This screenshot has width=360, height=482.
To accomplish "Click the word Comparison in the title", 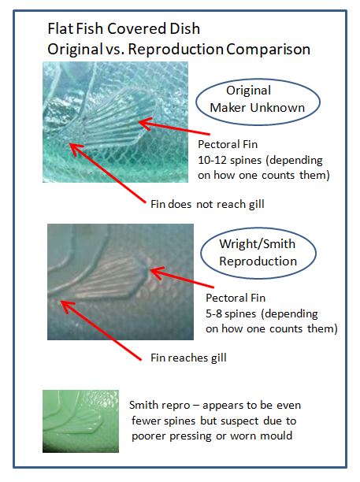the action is pos(268,50).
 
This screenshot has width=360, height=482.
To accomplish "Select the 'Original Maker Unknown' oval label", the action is pos(258,102).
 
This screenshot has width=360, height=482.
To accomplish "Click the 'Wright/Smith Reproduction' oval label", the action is pos(258,253).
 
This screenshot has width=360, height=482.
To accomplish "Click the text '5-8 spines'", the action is pos(231,314).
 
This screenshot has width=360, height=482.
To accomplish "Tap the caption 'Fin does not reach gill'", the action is pos(207,204).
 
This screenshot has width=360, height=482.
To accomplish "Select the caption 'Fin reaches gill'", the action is pos(188,358).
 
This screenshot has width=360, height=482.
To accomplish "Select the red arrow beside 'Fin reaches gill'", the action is pos(101,331).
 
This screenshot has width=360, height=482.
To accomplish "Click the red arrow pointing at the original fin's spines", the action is pos(174,128).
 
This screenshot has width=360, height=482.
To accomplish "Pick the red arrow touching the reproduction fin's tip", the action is pos(182,277).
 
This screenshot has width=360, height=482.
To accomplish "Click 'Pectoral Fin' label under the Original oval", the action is pos(228,144).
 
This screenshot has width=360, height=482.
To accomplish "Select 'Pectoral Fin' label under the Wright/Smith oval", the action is pos(236,298).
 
